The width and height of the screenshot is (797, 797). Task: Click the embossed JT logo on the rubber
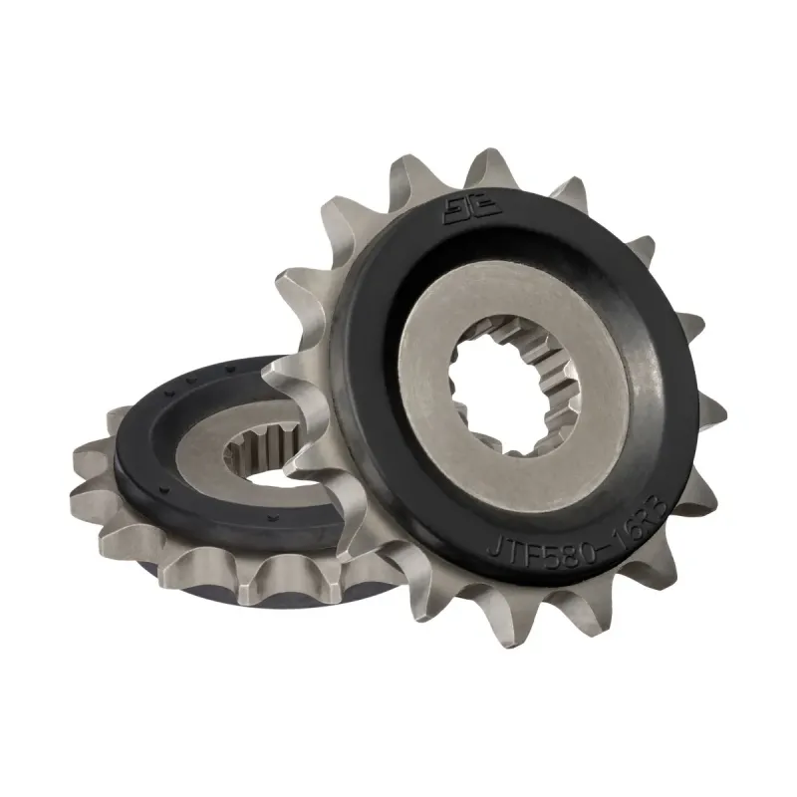[x=459, y=212]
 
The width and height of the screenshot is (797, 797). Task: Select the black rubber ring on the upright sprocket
[x=638, y=299]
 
